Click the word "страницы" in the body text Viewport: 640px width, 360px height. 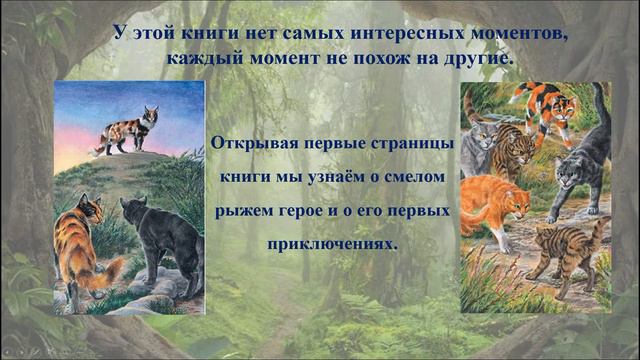pos(415,143)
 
